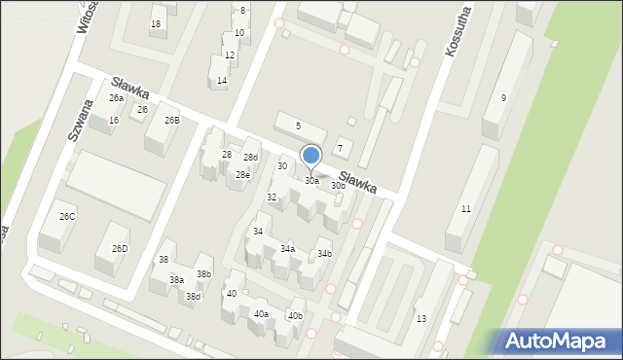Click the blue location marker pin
click(311, 156)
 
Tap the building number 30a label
click(311, 181)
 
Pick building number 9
click(503, 97)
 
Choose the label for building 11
click(466, 209)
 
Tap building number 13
click(421, 319)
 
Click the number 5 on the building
click(298, 126)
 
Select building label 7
click(340, 148)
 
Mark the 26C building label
click(67, 216)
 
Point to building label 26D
click(120, 249)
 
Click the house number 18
click(156, 23)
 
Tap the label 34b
click(324, 254)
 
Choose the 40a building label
click(261, 313)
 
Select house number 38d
click(194, 297)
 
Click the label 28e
click(242, 175)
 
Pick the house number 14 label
click(222, 81)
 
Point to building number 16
click(114, 120)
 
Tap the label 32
click(272, 198)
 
